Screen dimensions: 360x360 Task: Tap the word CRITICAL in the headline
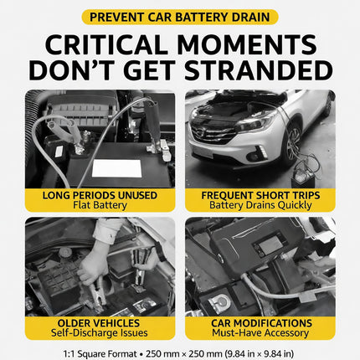[x=106, y=45]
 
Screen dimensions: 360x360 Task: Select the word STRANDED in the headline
[x=259, y=70]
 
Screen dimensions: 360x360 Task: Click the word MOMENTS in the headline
[x=247, y=45]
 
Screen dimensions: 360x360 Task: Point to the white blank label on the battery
[x=116, y=168]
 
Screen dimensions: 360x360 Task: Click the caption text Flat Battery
[x=100, y=205]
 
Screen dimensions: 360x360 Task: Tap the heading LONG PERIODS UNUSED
[x=100, y=195]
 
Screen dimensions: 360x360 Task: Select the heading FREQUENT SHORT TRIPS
[x=260, y=195]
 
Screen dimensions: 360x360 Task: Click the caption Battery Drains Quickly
[x=260, y=205]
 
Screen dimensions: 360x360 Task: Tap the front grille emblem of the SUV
[x=200, y=133]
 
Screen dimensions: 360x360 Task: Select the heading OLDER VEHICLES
[x=99, y=323]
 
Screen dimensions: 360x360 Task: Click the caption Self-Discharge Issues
[x=100, y=333]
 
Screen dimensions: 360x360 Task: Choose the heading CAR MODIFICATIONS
[x=261, y=323]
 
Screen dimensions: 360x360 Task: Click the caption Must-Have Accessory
[x=260, y=333]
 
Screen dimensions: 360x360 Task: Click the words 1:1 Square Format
[x=100, y=354]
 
